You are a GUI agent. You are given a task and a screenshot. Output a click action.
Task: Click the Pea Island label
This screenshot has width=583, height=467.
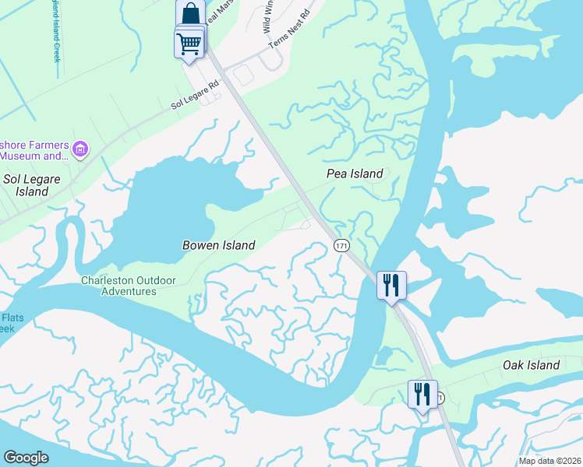pos(354,174)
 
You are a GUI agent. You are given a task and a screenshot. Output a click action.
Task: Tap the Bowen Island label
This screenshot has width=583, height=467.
pos(218,245)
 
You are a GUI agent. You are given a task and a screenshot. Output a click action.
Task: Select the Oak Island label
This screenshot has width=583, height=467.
pos(531,365)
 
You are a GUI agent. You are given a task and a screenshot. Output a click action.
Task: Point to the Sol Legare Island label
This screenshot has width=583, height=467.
pos(26,184)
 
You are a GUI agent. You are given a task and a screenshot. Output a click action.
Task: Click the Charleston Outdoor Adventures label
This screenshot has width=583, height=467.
pos(129,286)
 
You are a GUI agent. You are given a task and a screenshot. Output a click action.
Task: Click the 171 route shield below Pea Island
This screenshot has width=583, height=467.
pos(341,245)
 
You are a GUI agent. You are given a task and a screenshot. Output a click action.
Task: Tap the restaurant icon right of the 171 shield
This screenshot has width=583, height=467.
pos(391,284)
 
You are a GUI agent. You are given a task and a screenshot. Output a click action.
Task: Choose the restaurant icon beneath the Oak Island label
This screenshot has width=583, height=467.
pos(422,394)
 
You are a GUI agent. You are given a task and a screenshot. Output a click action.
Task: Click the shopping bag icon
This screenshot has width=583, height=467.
pos(190,14)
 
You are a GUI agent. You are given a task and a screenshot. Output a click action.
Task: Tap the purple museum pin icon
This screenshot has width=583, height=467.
pos(79,148)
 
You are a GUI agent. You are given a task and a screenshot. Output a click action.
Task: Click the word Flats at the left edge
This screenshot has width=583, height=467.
pos(11,318)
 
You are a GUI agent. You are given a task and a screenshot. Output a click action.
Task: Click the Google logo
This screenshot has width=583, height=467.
pos(26,458)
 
